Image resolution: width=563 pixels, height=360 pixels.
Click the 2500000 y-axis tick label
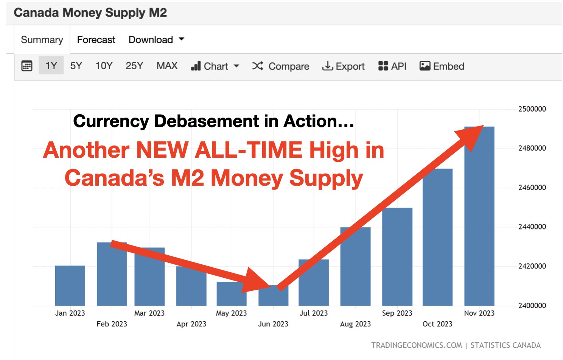tap(532, 109)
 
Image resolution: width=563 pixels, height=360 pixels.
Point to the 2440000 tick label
tap(532, 227)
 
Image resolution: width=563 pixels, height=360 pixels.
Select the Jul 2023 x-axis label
tap(313, 313)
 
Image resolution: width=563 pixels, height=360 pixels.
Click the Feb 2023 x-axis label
tap(112, 324)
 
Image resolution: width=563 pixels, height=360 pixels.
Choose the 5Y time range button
tap(76, 66)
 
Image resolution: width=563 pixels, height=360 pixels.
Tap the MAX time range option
tap(167, 66)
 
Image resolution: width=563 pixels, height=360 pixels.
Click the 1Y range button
tap(51, 66)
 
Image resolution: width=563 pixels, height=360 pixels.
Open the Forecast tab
tap(96, 40)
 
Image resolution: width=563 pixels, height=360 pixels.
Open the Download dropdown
tap(156, 40)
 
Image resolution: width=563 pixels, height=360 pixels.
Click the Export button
tap(343, 67)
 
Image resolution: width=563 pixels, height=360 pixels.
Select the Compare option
tap(281, 67)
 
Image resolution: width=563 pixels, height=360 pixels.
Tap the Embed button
tap(442, 67)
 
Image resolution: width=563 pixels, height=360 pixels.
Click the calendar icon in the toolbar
tap(27, 66)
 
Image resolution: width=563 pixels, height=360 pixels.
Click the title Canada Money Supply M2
tap(90, 13)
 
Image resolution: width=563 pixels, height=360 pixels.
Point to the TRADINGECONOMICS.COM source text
tap(416, 345)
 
